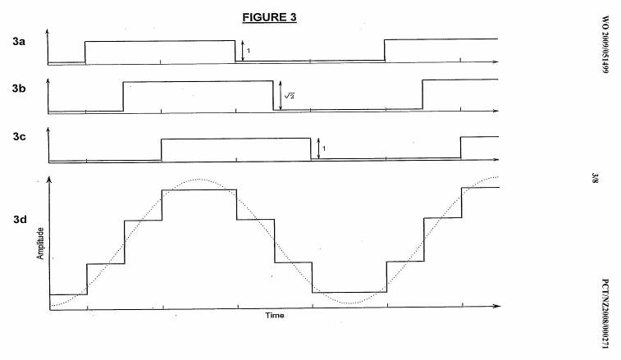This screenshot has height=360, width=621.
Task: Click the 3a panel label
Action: [19, 40]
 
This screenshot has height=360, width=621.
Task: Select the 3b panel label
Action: [19, 87]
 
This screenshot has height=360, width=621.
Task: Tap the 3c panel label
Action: [19, 138]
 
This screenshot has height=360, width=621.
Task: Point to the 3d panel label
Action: [19, 219]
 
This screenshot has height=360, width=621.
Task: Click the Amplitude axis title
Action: [39, 241]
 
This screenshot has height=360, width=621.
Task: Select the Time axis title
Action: [274, 315]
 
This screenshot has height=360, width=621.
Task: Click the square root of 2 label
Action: [289, 96]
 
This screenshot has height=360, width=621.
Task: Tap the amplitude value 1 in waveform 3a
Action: [249, 52]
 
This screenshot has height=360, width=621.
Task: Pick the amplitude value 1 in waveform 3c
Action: [325, 148]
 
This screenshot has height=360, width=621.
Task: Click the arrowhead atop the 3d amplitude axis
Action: [49, 182]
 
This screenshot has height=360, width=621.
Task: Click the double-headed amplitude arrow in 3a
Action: [242, 51]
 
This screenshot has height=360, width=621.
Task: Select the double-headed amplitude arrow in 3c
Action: [318, 148]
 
